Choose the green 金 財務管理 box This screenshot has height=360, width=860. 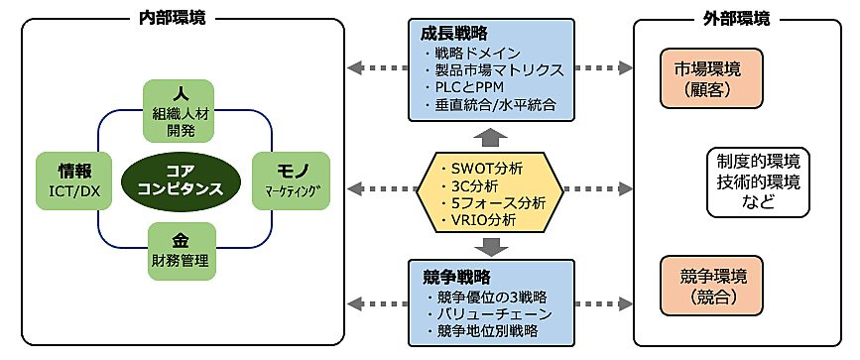point(181,247)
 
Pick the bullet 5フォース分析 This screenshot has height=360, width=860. point(496,202)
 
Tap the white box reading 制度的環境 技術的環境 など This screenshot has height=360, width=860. point(757,181)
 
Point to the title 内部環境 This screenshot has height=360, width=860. point(181,19)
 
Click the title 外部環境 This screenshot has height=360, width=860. point(741,19)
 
